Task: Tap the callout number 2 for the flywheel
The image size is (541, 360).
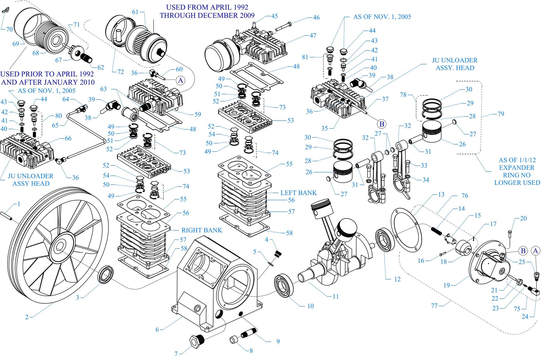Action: [27, 317]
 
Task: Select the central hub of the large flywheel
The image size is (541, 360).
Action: [59, 246]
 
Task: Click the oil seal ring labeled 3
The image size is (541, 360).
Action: [106, 274]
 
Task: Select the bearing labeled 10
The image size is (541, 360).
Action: [284, 285]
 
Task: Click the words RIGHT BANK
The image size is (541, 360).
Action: [202, 230]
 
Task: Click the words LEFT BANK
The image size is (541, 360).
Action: [298, 193]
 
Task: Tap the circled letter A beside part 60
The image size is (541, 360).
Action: [180, 80]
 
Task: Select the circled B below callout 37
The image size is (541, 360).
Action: [382, 124]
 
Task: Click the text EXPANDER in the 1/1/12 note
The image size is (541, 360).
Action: [517, 168]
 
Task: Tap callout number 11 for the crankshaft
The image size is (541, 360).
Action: [336, 296]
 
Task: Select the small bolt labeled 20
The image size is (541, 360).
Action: [510, 232]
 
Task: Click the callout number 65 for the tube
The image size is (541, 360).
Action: [55, 125]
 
